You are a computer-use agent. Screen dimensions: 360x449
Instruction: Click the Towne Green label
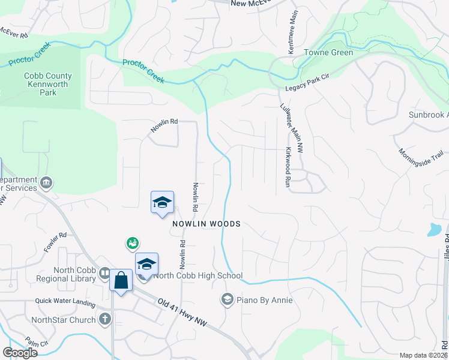328,52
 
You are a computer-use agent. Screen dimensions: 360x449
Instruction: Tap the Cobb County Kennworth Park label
48,85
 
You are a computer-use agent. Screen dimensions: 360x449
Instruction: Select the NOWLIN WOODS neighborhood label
206,224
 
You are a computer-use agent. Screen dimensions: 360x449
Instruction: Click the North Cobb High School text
198,276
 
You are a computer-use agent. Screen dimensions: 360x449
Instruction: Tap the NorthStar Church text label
65,320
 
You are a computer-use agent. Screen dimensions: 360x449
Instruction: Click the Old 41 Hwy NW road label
182,313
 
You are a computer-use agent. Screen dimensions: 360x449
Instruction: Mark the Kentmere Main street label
292,40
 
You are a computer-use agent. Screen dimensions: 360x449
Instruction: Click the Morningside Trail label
421,163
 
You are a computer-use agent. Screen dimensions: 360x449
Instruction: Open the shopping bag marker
121,280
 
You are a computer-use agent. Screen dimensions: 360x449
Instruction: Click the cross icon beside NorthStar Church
105,319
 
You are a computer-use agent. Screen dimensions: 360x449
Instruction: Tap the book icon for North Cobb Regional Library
104,274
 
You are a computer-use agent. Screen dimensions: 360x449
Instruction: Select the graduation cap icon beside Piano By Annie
227,299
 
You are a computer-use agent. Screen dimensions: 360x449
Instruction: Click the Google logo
20,353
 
